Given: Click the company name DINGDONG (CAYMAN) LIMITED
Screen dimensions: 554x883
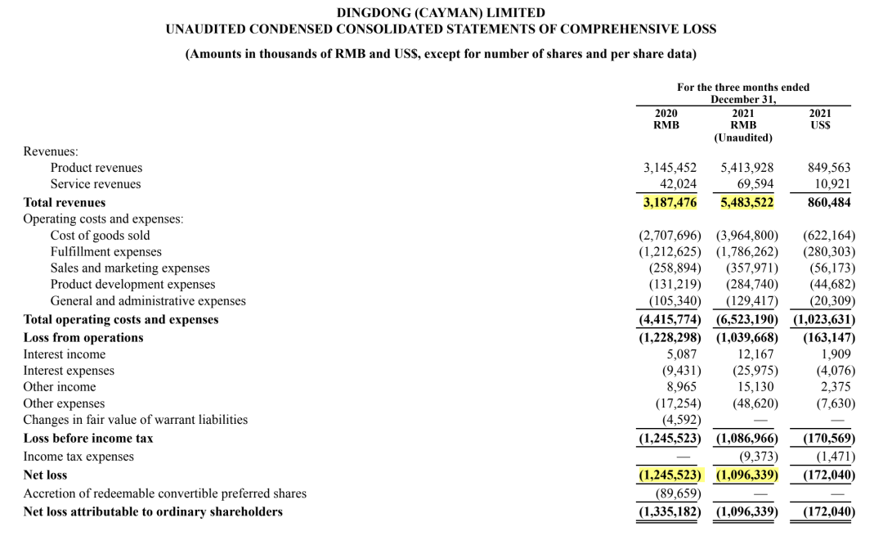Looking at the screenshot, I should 441,12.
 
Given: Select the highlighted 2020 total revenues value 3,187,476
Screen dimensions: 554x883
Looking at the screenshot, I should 670,202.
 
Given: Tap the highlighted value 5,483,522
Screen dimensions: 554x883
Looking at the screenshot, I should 746,202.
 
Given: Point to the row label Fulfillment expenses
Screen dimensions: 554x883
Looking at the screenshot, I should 106,251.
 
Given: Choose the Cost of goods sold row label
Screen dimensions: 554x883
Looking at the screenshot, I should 101,235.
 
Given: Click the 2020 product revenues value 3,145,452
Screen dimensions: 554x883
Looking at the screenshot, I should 670,168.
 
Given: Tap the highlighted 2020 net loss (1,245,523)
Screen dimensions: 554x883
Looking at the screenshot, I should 670,475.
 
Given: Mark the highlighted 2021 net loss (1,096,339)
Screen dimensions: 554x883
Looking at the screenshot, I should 746,475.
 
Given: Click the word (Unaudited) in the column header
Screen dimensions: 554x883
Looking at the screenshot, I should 743,137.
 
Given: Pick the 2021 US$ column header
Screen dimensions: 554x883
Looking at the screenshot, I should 820,119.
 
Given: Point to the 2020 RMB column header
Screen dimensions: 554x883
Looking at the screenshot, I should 666,119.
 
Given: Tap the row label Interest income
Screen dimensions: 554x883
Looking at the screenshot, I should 65,354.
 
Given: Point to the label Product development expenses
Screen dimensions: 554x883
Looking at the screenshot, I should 133,284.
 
